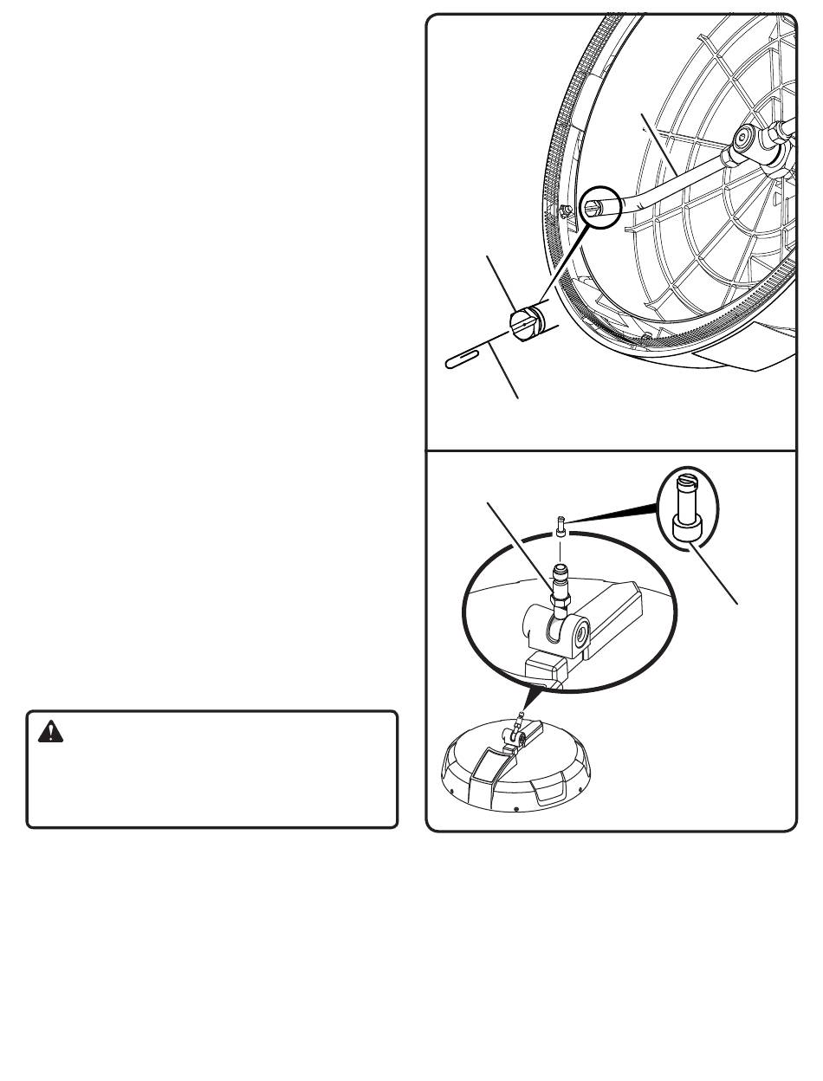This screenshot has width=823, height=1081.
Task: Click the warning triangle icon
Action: (52, 733)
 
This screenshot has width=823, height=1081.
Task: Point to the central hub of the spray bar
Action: (746, 139)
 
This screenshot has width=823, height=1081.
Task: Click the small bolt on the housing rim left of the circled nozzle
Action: (562, 209)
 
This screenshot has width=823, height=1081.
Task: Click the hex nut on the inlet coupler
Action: (562, 598)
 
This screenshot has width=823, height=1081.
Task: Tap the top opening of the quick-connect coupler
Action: (561, 569)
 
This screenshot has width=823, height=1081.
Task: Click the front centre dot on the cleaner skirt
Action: (516, 809)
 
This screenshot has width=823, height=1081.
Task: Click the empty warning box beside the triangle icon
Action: (212, 775)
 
